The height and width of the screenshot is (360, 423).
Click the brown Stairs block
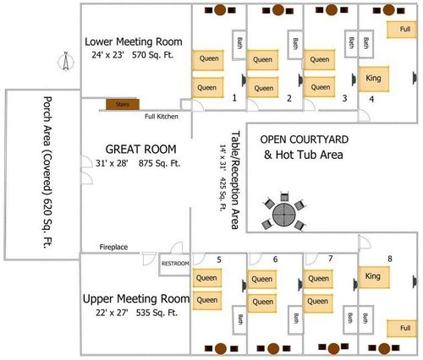coord(123,104)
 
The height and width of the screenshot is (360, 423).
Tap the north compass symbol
coord(66,61)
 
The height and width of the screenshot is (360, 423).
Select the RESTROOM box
coord(175,264)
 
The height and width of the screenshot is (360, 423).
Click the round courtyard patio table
coord(284,215)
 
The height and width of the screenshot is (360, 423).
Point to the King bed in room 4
coord(374,79)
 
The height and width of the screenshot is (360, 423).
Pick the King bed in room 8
coord(374,277)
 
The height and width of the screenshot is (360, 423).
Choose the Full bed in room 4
coord(402,30)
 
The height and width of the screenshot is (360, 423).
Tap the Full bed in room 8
coord(402,329)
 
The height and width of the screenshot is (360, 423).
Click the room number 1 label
coord(234,98)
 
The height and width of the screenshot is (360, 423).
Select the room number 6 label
coord(275,259)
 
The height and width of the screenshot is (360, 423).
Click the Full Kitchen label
coord(162,117)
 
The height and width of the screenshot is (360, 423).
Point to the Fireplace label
coord(113,247)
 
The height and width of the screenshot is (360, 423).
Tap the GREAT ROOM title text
coord(140,149)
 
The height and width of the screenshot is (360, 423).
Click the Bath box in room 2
coord(295,45)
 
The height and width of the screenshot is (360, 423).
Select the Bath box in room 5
coord(239,319)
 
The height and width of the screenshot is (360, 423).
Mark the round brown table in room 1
coord(220,10)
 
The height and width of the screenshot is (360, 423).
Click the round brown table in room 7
coord(333,349)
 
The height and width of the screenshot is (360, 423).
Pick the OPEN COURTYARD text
coord(305,139)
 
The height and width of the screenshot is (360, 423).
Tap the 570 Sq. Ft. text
coord(152,55)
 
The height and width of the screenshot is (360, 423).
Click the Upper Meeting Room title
coord(136,299)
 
